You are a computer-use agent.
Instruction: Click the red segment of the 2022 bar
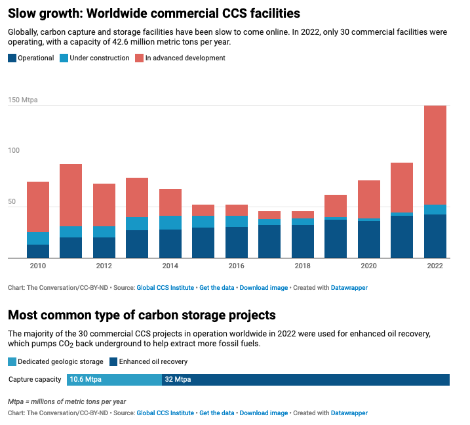(435, 155)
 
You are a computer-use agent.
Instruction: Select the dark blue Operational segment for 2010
(38, 251)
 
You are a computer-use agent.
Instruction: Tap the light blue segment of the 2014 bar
(170, 222)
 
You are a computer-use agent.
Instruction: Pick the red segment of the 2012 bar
(104, 205)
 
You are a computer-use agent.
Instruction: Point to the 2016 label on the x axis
(236, 266)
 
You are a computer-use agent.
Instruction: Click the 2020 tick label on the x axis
(368, 266)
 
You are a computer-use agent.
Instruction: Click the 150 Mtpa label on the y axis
(22, 100)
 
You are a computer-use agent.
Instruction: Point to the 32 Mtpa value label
(178, 379)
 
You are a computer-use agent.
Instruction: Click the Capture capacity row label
(35, 379)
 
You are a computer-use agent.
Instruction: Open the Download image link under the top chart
(264, 287)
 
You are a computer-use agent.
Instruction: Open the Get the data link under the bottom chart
(216, 413)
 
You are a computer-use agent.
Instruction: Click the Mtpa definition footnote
(67, 401)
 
